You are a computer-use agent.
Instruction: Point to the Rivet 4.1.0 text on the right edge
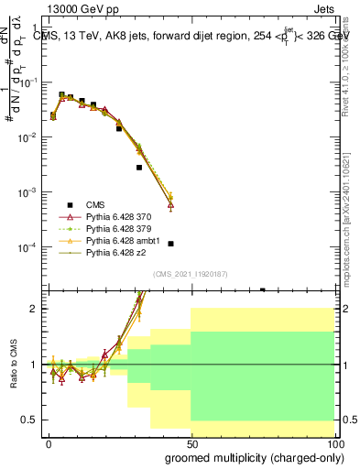pyautogui.click(x=352, y=64)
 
